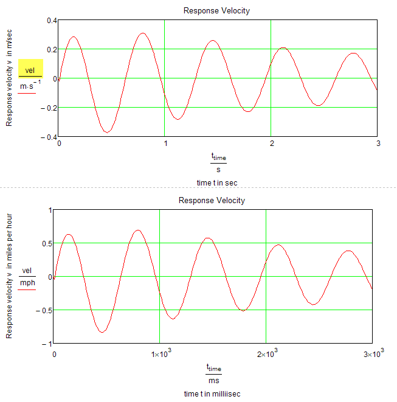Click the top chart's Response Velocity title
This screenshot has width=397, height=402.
(x=216, y=11)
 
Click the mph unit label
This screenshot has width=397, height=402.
(x=28, y=283)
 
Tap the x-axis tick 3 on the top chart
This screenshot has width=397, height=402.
(x=377, y=144)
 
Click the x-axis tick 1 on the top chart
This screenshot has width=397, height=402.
(x=165, y=144)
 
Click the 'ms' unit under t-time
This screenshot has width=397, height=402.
(x=213, y=381)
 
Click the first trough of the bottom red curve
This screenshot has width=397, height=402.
(x=103, y=331)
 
